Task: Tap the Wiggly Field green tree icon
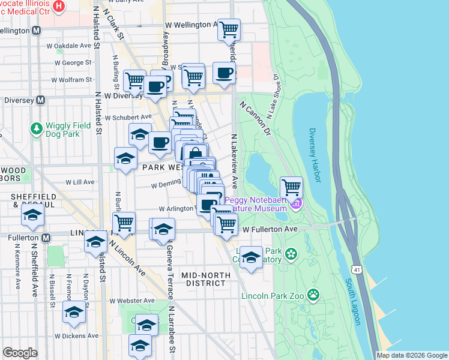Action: pyautogui.click(x=36, y=128)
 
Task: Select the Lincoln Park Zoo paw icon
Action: pyautogui.click(x=313, y=294)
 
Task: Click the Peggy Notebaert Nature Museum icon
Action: pyautogui.click(x=295, y=205)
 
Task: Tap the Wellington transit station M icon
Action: pyautogui.click(x=36, y=30)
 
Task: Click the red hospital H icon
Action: pyautogui.click(x=59, y=7)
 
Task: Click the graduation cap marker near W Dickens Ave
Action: pyautogui.click(x=74, y=311)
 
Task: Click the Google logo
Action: pyautogui.click(x=20, y=353)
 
